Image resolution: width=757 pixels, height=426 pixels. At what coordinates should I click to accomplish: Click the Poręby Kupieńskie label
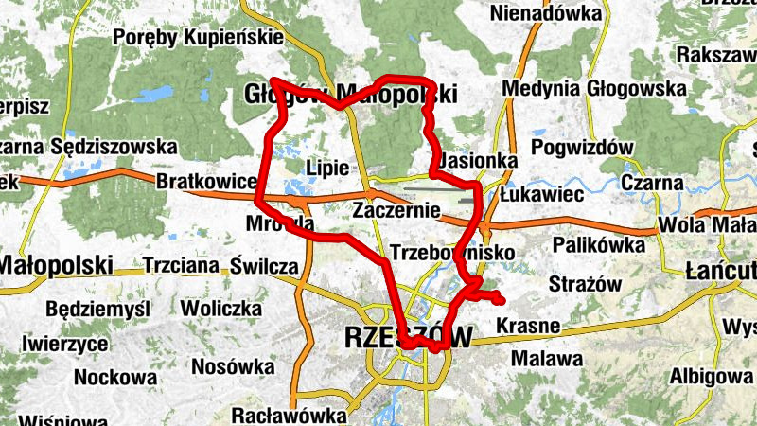click(x=198, y=38)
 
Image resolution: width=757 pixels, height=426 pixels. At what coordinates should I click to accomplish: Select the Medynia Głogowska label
click(x=594, y=88)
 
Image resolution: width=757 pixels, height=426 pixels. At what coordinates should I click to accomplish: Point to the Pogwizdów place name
click(x=582, y=148)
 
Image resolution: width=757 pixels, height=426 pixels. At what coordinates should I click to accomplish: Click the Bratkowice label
click(x=206, y=181)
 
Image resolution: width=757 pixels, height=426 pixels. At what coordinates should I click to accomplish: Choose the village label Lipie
click(x=328, y=168)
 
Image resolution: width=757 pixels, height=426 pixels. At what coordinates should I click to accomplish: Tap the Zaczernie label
click(x=396, y=211)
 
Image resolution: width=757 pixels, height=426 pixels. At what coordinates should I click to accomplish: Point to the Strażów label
click(x=584, y=284)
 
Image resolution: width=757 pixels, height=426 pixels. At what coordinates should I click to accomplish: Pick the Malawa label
click(x=546, y=359)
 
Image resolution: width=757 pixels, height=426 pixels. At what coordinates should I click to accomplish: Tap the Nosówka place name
click(x=229, y=366)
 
